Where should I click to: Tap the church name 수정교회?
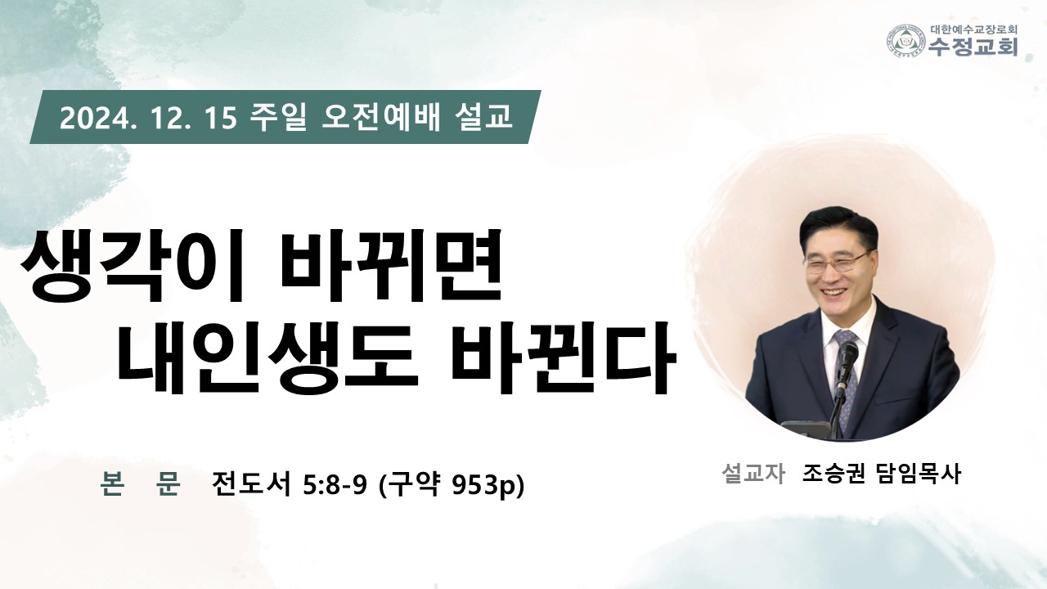point(973,47)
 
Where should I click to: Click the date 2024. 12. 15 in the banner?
point(148,118)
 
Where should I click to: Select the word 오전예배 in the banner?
point(381,117)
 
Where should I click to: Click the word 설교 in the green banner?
point(484,117)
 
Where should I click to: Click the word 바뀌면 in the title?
point(391,265)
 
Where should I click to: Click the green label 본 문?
point(140,483)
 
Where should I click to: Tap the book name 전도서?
point(250,483)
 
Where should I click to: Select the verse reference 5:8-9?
point(335,485)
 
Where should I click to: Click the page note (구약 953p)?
point(451,485)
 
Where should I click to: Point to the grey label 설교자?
point(753,474)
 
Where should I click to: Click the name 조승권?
point(834,474)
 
